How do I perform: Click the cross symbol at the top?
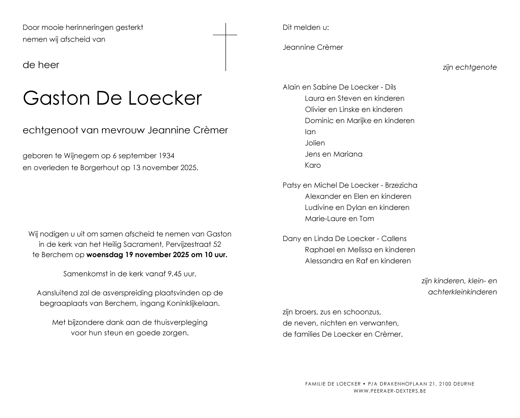tap(226, 46)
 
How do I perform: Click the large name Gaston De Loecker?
tap(112, 98)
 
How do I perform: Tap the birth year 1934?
tap(166, 156)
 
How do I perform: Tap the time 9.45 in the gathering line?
tap(175, 274)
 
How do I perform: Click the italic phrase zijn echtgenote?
tap(470, 67)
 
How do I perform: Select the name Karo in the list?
tap(313, 165)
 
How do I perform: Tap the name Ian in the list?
tap(310, 132)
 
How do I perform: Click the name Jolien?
tap(315, 143)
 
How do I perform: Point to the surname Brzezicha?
tap(401, 185)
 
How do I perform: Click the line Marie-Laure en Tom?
tap(339, 219)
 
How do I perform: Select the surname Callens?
tap(394, 239)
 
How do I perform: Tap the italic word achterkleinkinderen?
tap(462, 292)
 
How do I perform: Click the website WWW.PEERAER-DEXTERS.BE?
tap(390, 391)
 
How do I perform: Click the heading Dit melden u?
tap(306, 28)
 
